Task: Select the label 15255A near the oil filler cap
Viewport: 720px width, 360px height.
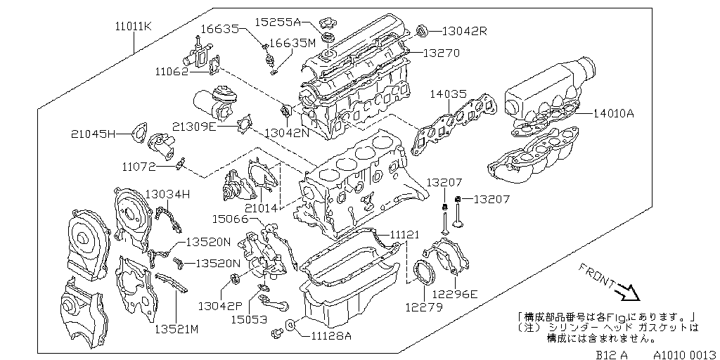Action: tap(278, 22)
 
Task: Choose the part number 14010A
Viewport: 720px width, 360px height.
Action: tap(613, 112)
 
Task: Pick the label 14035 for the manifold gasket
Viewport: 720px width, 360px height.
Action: tap(449, 93)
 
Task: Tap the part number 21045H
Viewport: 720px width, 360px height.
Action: tap(93, 133)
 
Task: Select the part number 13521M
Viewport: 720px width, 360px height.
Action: tap(177, 328)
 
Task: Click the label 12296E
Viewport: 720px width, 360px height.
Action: tap(455, 294)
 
